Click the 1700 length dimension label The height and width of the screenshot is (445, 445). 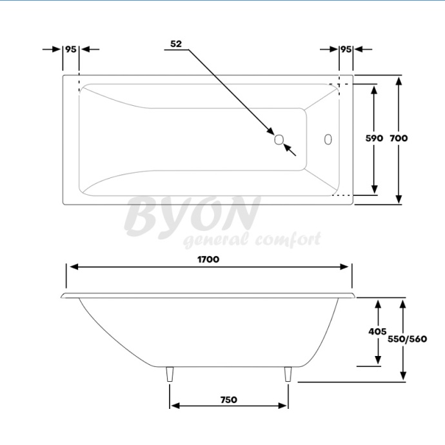point(209,259)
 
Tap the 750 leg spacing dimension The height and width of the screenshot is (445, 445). point(228,399)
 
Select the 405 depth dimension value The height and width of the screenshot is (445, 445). point(377,331)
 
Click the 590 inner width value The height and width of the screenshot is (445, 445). point(375,138)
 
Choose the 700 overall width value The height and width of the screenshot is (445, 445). point(399,138)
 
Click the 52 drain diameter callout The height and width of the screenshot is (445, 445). point(176,44)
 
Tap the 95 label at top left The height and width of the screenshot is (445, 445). point(71,49)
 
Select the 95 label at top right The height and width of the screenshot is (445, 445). point(346,49)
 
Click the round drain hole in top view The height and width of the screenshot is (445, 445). point(279,139)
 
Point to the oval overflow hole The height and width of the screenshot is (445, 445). point(328,139)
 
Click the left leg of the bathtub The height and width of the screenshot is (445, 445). point(170,375)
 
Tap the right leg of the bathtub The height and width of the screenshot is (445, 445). point(288,375)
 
